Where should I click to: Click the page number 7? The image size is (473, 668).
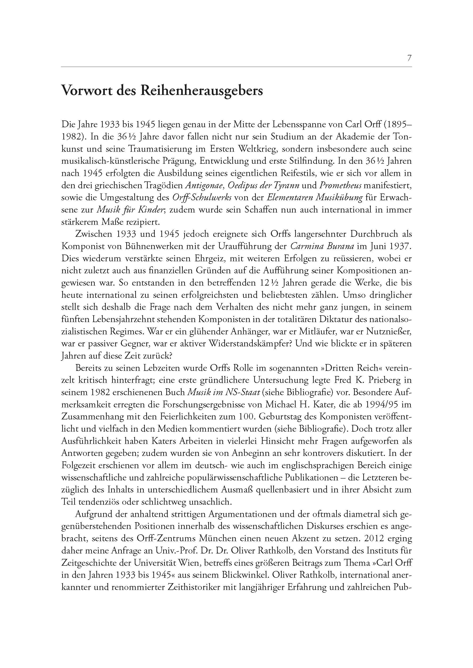click(x=409, y=58)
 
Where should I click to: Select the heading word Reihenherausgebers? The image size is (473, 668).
click(x=202, y=91)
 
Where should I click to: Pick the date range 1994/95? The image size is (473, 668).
click(x=385, y=405)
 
